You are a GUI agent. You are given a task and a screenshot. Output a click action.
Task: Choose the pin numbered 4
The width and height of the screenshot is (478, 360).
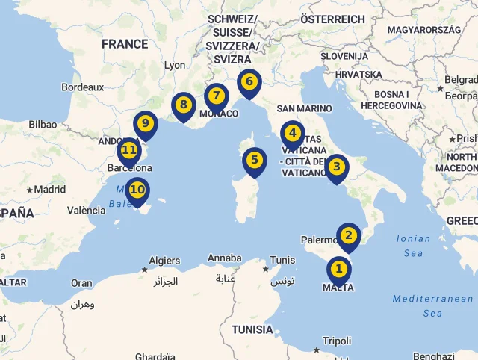(292, 134)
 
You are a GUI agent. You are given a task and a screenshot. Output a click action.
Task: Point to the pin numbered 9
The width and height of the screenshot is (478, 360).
(145, 124)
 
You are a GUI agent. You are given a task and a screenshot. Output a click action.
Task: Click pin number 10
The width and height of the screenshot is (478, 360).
(137, 190)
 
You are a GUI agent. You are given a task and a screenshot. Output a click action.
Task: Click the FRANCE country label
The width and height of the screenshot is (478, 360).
(125, 44)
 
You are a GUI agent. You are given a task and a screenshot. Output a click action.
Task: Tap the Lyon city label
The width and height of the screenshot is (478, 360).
(175, 65)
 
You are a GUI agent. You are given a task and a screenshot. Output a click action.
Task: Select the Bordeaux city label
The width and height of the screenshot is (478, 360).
(83, 87)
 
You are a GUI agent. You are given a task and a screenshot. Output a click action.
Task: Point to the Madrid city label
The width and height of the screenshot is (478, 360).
(49, 190)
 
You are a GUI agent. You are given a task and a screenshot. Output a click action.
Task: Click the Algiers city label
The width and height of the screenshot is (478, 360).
(164, 261)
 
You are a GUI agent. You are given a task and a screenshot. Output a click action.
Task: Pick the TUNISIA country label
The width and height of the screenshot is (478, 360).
(252, 329)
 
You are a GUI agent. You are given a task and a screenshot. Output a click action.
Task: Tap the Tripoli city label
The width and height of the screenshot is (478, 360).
(337, 341)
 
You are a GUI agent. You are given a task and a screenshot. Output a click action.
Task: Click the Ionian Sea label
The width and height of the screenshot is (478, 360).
(413, 246)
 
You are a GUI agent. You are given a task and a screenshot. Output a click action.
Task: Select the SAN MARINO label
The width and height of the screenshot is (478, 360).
(303, 108)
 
